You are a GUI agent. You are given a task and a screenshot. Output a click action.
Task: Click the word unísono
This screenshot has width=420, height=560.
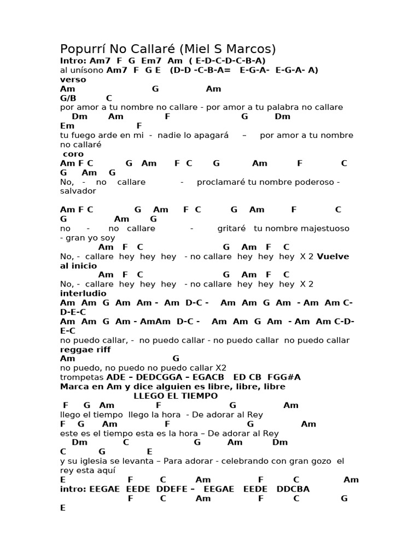[88, 70]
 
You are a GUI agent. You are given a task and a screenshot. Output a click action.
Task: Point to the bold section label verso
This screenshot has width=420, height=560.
[73, 79]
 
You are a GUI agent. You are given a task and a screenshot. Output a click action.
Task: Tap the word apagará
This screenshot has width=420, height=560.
[209, 135]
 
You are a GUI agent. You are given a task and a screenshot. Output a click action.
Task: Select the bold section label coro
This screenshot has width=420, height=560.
[74, 154]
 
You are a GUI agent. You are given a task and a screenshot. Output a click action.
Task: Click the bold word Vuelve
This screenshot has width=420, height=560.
[332, 256]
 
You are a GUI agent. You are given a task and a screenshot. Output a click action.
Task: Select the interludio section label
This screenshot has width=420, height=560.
[83, 294]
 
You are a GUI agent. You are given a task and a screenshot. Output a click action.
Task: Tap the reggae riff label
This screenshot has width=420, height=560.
[85, 349]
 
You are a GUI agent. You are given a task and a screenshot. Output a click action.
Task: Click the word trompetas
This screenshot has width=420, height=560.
[82, 377]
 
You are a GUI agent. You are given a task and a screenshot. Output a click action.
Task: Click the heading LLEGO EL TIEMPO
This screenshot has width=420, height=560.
[176, 396]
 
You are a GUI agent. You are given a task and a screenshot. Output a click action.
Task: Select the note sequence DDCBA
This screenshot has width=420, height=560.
[293, 489]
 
